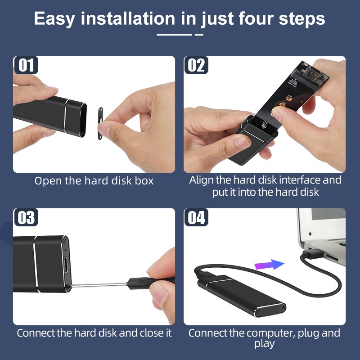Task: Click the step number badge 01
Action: click(x=26, y=65)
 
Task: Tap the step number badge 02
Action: click(x=196, y=65)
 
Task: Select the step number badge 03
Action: click(x=26, y=217)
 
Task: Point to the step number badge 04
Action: click(x=196, y=217)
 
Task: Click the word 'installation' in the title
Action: click(x=128, y=18)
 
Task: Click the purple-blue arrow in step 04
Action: click(x=269, y=265)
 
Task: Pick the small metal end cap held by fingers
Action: click(x=100, y=123)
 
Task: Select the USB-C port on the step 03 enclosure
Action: click(x=66, y=264)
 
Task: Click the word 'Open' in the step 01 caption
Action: click(x=48, y=181)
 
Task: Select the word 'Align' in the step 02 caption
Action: click(x=201, y=180)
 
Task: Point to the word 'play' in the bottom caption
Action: click(x=264, y=344)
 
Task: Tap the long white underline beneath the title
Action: click(x=174, y=35)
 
